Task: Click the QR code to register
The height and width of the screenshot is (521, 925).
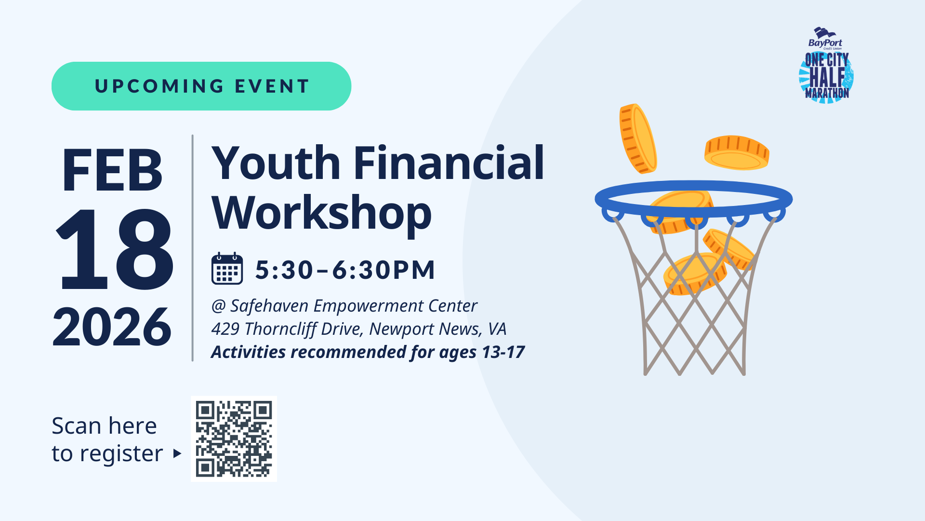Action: tap(234, 439)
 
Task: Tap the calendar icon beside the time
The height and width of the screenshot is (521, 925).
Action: tap(227, 269)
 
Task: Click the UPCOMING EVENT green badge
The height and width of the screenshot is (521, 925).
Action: tap(201, 86)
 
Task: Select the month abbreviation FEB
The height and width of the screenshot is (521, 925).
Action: tap(112, 170)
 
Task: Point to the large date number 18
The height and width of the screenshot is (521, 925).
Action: tap(114, 249)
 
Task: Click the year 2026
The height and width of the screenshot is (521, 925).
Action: tap(112, 327)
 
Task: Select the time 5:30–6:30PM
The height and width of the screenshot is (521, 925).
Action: tap(345, 269)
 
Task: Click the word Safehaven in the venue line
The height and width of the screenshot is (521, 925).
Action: tap(269, 306)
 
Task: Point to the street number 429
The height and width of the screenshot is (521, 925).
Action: tap(225, 329)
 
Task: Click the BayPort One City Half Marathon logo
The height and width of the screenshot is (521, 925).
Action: tap(826, 65)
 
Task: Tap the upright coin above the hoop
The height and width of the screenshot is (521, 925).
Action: tap(638, 138)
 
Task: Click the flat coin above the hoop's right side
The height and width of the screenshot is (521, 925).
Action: tap(737, 152)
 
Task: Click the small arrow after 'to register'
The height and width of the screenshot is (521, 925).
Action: tap(177, 453)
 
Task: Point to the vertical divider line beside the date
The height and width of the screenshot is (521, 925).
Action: tap(193, 248)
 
